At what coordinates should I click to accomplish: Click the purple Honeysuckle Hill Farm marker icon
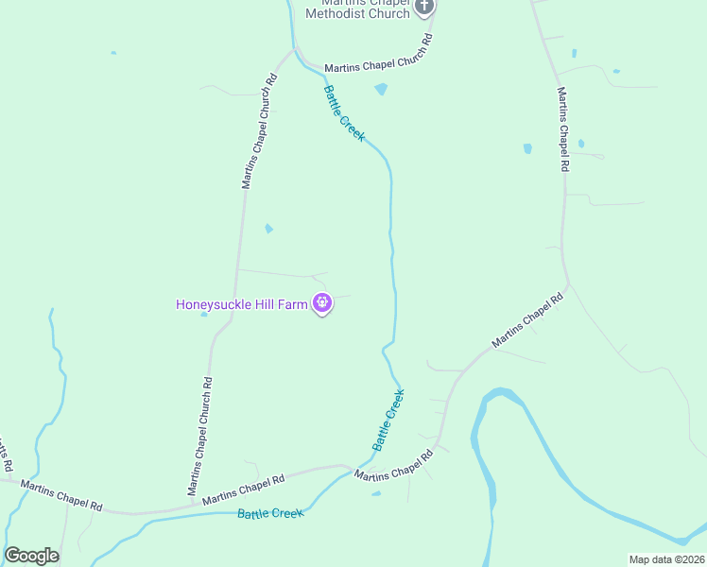322,303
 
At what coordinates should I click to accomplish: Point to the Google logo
32,556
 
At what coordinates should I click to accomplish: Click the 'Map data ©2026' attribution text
666,559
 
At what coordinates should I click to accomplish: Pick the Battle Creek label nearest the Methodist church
344,113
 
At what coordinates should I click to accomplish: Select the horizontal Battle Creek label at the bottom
270,513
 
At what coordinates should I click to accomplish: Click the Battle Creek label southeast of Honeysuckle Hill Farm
388,421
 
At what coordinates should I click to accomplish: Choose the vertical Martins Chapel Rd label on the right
562,129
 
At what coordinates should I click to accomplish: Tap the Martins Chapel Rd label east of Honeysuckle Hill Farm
526,320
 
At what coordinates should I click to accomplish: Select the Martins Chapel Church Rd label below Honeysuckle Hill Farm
200,437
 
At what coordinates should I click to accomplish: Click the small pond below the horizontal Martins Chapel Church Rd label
381,90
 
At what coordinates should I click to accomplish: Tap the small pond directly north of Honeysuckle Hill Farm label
269,229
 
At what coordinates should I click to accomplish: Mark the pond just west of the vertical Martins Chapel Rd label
527,148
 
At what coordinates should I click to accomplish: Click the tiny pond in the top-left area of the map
112,53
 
